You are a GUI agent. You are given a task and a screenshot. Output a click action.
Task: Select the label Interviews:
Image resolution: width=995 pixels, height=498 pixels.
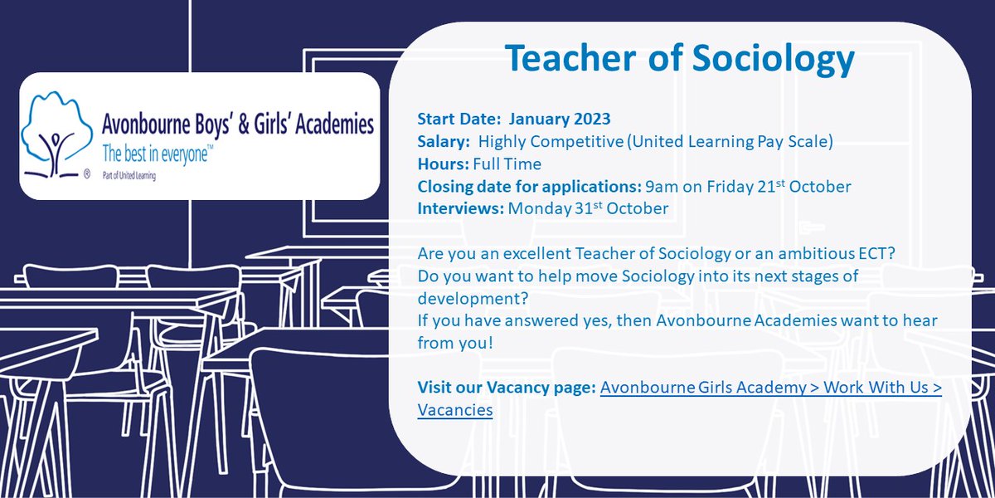click(460, 208)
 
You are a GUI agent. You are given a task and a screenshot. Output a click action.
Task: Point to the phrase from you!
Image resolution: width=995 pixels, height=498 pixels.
click(455, 342)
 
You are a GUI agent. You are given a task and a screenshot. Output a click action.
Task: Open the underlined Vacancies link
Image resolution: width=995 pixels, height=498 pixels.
click(455, 410)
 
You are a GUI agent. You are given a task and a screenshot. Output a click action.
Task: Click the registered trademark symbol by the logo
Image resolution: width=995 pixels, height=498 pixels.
click(87, 176)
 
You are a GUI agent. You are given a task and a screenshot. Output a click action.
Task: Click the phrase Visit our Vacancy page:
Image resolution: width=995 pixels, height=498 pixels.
click(506, 388)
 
